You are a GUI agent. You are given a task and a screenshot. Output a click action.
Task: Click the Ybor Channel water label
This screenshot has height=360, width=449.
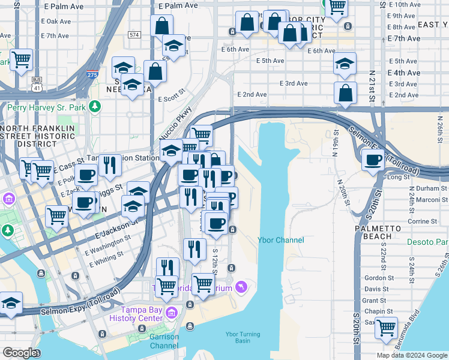pos(281,240)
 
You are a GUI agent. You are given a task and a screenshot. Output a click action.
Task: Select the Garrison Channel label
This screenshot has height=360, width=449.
pos(164,341)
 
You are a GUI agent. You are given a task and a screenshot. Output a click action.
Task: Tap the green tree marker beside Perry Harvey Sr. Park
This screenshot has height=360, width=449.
pos(94,106)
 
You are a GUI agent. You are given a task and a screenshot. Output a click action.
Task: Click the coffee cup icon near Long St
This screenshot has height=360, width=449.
pos(373,160)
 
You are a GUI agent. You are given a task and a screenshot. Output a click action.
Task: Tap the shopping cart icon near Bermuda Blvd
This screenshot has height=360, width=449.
pos(385,328)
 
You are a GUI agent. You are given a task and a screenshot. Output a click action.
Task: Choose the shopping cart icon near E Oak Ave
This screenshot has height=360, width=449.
pos(22,59)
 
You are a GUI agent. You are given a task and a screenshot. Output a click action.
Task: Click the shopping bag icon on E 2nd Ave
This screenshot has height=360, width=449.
pos(345,93)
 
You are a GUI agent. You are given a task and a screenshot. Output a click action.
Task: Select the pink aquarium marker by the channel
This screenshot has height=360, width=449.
pos(241,287)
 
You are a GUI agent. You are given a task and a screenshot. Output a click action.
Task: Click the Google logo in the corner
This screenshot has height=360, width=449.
pos(20,352)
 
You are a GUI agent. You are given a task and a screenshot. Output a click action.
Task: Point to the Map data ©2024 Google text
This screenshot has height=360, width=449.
pos(411,355)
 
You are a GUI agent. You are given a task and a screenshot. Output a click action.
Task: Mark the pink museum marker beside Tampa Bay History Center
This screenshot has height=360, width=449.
pos(172,313)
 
